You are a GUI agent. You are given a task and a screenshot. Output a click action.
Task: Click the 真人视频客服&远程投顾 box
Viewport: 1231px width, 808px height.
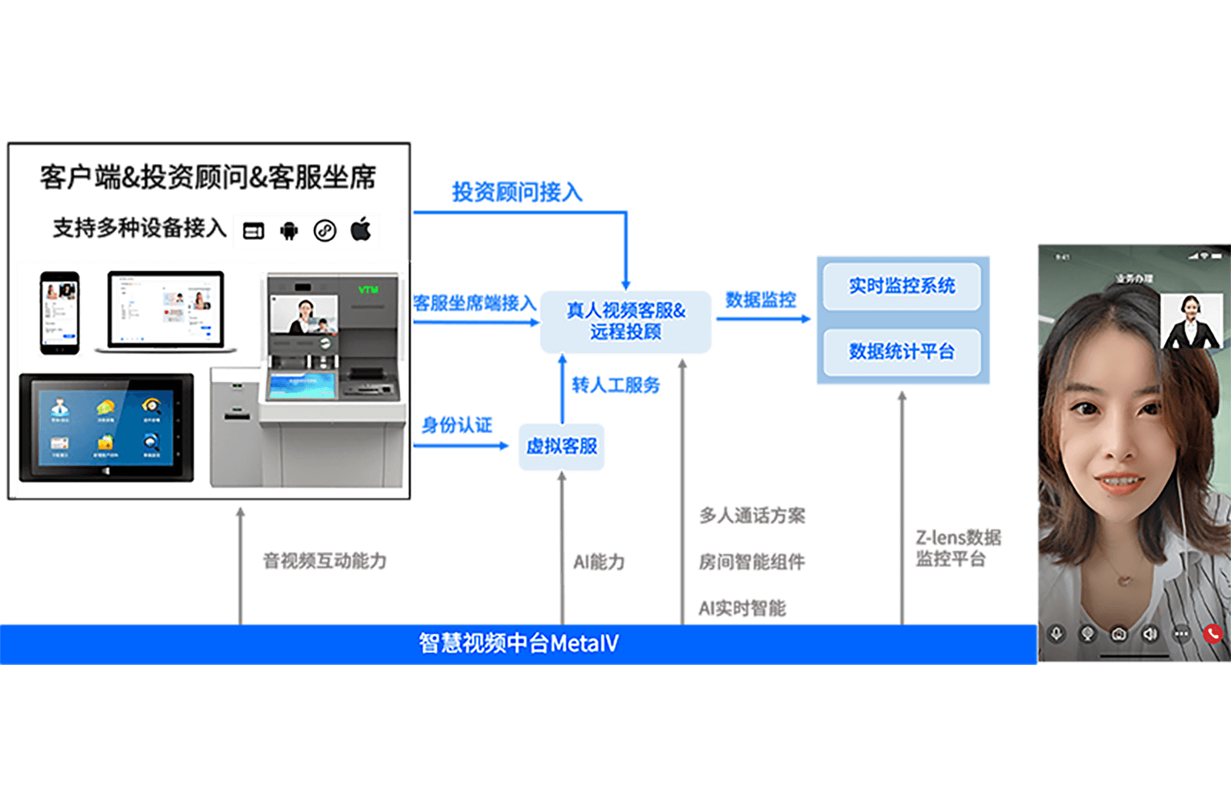coord(626,322)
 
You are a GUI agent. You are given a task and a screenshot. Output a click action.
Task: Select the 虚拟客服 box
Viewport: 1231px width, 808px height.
coord(562,446)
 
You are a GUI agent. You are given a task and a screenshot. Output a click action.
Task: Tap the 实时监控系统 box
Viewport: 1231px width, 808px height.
coord(902,286)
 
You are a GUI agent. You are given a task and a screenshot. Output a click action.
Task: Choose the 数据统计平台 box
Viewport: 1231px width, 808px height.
coord(902,352)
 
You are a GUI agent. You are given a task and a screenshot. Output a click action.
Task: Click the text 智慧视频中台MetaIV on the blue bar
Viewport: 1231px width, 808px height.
coord(519,643)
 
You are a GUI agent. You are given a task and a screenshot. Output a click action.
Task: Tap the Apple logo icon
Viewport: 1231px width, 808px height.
coord(361,229)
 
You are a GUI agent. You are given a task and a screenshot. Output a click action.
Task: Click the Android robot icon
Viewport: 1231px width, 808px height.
coord(289,230)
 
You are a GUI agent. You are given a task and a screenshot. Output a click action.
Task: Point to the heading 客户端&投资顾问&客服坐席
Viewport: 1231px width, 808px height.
coord(208,177)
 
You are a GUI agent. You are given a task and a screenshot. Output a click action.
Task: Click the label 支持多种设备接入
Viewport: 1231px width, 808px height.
coord(139,228)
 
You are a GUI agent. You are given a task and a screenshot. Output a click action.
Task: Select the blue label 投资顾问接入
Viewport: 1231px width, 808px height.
coord(517,192)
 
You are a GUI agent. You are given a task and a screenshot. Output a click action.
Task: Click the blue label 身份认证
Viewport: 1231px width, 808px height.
coord(457,425)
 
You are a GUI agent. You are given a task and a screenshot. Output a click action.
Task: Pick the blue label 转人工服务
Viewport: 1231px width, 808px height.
coord(615,385)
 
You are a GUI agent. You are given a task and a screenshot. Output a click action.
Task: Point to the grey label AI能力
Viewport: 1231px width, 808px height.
coord(599,563)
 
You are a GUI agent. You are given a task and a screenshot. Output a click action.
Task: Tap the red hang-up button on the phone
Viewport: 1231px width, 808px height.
coord(1213,633)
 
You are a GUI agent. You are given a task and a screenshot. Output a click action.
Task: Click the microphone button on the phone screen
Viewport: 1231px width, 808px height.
coord(1057,633)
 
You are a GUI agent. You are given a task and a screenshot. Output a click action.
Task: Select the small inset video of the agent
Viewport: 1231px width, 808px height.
coord(1191,322)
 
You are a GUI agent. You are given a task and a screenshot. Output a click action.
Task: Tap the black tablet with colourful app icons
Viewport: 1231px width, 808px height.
coord(106,427)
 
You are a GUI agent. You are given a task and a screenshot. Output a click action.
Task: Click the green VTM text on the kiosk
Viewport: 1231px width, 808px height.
coord(369,289)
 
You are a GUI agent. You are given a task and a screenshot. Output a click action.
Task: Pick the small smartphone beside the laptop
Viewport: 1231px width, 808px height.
coord(60,312)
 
